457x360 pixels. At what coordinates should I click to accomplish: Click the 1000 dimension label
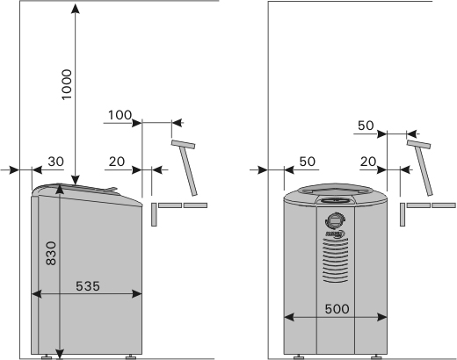click(x=67, y=84)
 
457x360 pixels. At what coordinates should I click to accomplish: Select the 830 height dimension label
click(x=51, y=253)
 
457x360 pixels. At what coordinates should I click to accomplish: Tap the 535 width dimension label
click(x=88, y=286)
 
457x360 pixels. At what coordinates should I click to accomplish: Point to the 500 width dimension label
click(x=337, y=309)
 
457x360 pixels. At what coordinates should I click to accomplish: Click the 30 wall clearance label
click(x=55, y=162)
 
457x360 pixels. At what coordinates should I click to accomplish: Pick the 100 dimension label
click(x=120, y=115)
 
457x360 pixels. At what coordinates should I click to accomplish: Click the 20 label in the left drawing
click(x=117, y=162)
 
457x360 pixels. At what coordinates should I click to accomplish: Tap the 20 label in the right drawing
click(x=368, y=162)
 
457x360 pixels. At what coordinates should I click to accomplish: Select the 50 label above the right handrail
click(x=366, y=126)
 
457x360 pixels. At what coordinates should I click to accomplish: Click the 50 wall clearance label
click(x=308, y=162)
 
